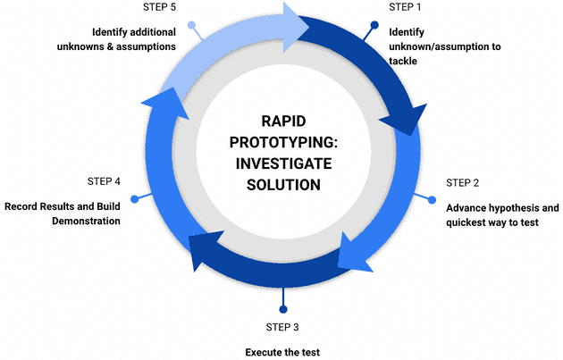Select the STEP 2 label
coord(463,182)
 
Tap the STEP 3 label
coord(283,326)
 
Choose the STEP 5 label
coord(159,7)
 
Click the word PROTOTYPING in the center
coord(282,142)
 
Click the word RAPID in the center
coord(282,121)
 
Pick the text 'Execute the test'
coord(282,351)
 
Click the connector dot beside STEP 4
coord(134,197)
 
